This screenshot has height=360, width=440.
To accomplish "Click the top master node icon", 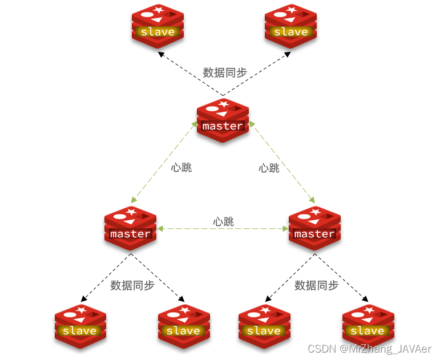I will coord(223,120).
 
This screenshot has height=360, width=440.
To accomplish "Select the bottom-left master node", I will coord(130,228).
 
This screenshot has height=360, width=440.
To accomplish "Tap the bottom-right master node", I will coord(314,228).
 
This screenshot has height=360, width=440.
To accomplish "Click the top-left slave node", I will coord(158,26).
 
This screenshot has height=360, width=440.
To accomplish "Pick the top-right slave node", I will coord(290,26).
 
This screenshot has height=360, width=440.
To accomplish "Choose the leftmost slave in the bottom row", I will coord(80,326).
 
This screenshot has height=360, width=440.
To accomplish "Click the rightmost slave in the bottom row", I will coord(368,326).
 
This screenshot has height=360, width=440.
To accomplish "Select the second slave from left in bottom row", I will coord(183,326).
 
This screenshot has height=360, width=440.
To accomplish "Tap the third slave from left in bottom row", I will coord(264,326).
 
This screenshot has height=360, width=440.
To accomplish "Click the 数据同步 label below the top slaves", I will coord(225,72).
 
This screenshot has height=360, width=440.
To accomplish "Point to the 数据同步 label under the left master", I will coord(132,285).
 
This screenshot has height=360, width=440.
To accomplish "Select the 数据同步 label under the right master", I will coord(317,285).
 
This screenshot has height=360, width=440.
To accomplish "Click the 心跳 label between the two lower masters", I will coord(223,222).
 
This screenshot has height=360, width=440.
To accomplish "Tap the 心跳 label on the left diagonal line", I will coord(181,168).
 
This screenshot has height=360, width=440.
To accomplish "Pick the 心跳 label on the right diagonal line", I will coord(269,168).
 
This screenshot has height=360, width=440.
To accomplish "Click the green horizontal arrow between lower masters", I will coord(223,229).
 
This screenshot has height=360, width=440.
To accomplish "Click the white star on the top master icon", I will coord(223,104).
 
